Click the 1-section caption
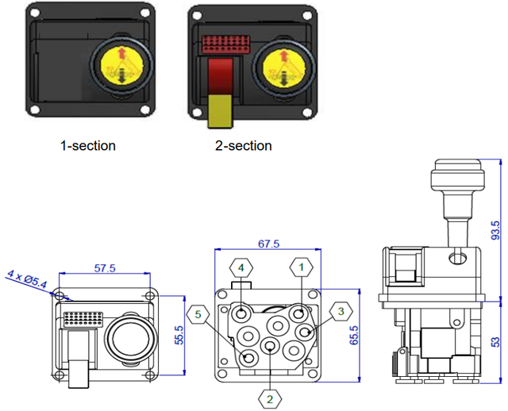(x=87, y=146)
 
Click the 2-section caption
(x=243, y=146)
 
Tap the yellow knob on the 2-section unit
(x=284, y=66)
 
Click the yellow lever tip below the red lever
(x=219, y=110)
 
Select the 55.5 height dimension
(x=179, y=336)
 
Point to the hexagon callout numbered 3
(x=341, y=312)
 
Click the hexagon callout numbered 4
(x=241, y=267)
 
